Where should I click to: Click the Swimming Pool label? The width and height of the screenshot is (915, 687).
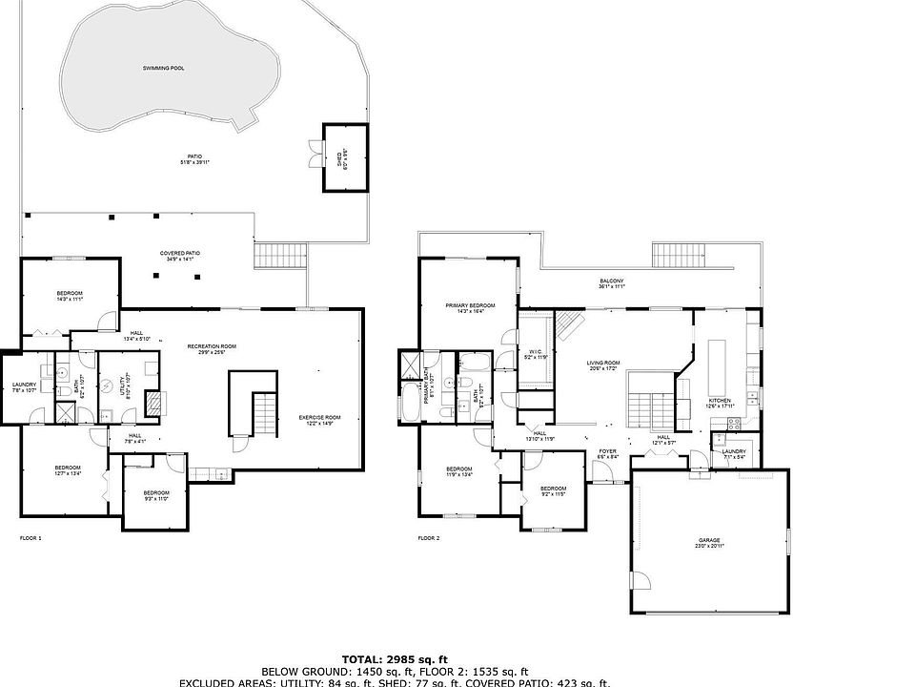pos(156,70)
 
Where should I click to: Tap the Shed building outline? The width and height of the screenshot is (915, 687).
pos(344,157)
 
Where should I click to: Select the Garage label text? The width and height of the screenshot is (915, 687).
pos(709,542)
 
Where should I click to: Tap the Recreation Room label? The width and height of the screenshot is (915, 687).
pos(212,347)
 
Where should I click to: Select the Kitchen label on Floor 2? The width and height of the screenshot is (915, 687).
pos(720,402)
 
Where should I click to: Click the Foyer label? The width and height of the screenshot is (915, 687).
pos(607,453)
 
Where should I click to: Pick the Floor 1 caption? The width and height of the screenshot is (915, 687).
pos(30,538)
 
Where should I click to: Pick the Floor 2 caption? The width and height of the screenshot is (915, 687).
pos(429,538)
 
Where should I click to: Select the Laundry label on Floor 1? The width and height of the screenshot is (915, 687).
pos(24,386)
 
